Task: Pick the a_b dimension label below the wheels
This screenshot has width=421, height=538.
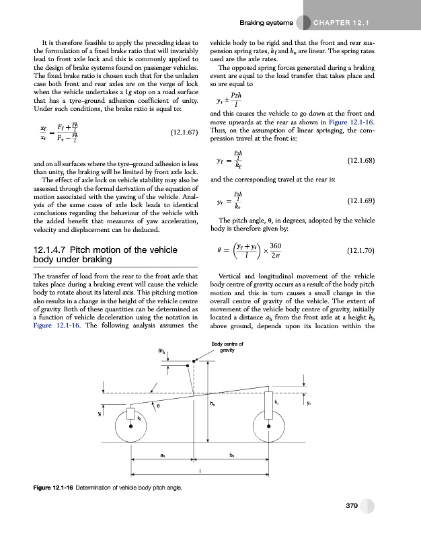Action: [163, 455]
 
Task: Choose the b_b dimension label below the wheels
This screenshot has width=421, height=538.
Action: [232, 455]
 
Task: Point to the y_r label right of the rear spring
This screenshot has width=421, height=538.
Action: [308, 403]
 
